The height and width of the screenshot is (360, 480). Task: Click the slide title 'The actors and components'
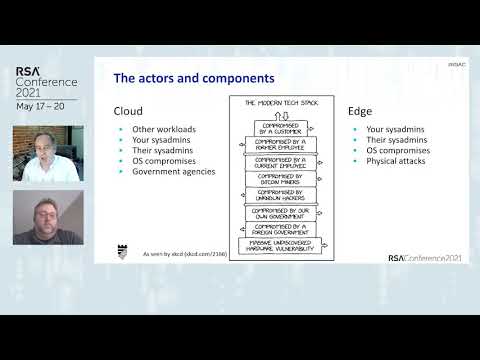tap(194, 77)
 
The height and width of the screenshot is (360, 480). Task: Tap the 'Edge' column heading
tap(359, 111)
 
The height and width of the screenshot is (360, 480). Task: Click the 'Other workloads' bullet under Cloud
tap(160, 130)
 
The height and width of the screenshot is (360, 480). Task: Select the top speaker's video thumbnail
tap(47, 154)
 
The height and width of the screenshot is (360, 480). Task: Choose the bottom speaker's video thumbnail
tap(47, 217)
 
